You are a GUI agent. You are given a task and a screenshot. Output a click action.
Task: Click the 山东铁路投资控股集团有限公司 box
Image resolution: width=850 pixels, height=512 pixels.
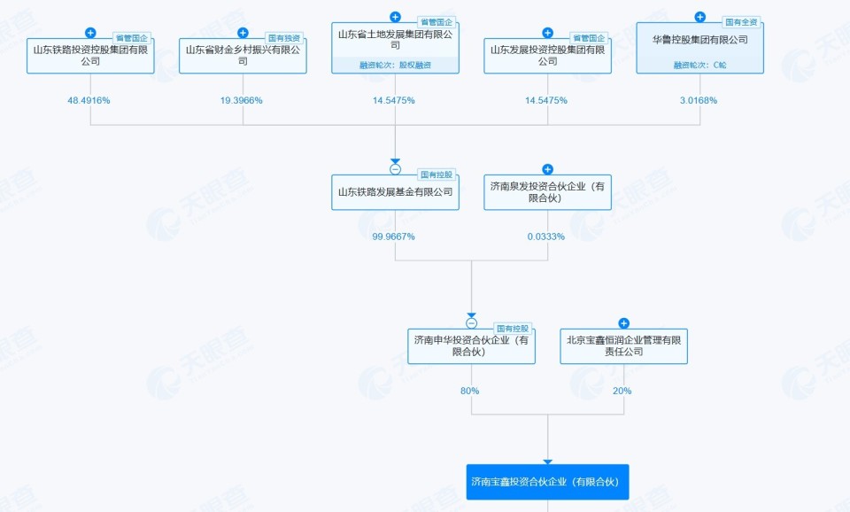(90, 55)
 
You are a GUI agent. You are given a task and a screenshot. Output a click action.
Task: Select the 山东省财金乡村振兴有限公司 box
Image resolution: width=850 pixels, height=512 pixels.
(243, 55)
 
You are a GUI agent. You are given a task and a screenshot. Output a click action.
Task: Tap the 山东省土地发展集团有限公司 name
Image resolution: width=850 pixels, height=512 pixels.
(395, 39)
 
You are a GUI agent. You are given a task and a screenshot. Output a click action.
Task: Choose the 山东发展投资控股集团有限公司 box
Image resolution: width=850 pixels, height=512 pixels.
(547, 55)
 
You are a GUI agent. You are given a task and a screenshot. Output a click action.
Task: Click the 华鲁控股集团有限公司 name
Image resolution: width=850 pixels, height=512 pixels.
(699, 40)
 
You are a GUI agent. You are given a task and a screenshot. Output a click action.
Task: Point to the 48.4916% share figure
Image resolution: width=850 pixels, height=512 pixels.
(89, 100)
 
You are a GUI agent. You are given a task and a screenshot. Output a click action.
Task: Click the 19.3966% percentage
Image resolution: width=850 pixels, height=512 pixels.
(242, 100)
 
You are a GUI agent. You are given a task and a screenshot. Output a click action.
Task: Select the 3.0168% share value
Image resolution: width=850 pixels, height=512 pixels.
(699, 100)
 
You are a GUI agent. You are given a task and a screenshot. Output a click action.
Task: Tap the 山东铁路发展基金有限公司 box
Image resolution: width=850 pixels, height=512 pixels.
(395, 191)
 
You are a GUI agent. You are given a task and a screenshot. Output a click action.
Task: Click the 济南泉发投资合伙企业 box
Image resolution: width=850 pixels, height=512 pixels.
(547, 191)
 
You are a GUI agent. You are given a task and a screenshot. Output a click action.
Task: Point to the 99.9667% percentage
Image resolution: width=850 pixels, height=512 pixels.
(393, 237)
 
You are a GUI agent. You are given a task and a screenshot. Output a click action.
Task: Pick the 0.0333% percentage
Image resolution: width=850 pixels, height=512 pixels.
(546, 237)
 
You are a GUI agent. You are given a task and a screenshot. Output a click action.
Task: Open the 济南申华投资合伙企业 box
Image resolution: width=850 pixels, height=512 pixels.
(471, 345)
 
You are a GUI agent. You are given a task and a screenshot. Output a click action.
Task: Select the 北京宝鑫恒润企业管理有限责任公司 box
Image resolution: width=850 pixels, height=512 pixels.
(623, 345)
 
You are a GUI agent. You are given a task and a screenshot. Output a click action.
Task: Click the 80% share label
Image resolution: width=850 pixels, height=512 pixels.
(469, 391)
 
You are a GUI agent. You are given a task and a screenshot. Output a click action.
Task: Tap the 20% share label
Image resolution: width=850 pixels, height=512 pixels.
(622, 391)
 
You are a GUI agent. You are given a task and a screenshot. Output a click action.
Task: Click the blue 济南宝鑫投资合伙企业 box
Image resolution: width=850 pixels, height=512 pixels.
(547, 482)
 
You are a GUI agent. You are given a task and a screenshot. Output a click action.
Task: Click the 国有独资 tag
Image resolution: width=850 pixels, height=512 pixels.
(285, 38)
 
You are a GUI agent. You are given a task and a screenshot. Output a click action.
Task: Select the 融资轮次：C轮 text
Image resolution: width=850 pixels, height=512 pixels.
(699, 65)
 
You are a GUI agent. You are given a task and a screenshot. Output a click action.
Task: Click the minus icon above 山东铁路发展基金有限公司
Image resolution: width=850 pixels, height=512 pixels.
(395, 168)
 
